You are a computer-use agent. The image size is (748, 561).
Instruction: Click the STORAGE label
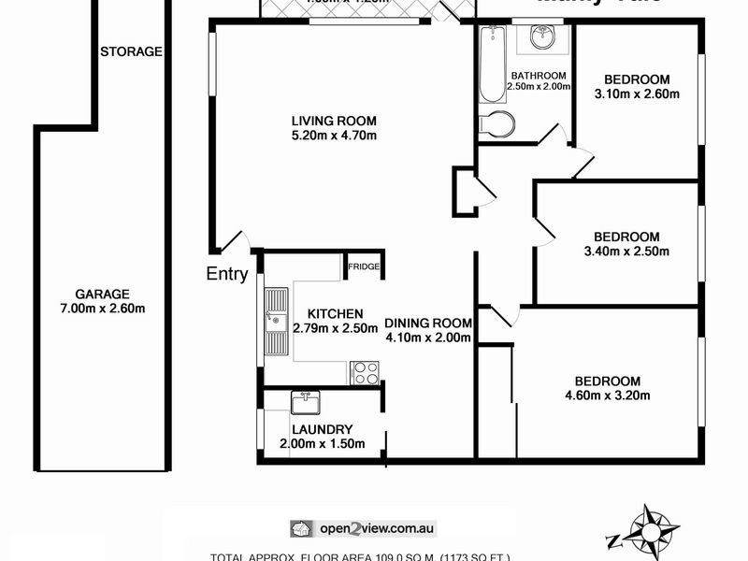click(x=131, y=51)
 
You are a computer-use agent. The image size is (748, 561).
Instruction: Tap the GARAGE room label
click(x=104, y=293)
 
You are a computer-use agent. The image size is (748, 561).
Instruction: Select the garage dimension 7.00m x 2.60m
click(x=104, y=309)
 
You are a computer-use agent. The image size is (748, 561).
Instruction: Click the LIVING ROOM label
click(x=334, y=121)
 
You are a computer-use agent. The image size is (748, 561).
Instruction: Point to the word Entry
click(x=227, y=274)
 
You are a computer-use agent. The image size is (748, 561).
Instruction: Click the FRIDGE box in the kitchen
click(x=364, y=266)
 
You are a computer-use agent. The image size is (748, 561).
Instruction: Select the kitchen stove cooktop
click(x=365, y=373)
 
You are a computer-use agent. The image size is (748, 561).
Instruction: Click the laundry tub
click(x=305, y=403)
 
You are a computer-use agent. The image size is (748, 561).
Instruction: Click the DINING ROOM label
click(x=428, y=324)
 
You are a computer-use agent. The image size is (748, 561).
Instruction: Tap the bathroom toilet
click(x=496, y=124)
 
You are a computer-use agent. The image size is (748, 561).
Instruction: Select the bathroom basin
click(x=542, y=37)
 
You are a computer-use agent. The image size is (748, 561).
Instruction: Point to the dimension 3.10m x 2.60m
click(x=637, y=93)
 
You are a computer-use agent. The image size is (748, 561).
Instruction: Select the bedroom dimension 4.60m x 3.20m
click(x=608, y=396)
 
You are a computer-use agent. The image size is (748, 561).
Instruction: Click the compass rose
click(x=647, y=531)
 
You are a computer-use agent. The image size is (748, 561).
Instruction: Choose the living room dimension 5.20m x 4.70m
click(x=334, y=137)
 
